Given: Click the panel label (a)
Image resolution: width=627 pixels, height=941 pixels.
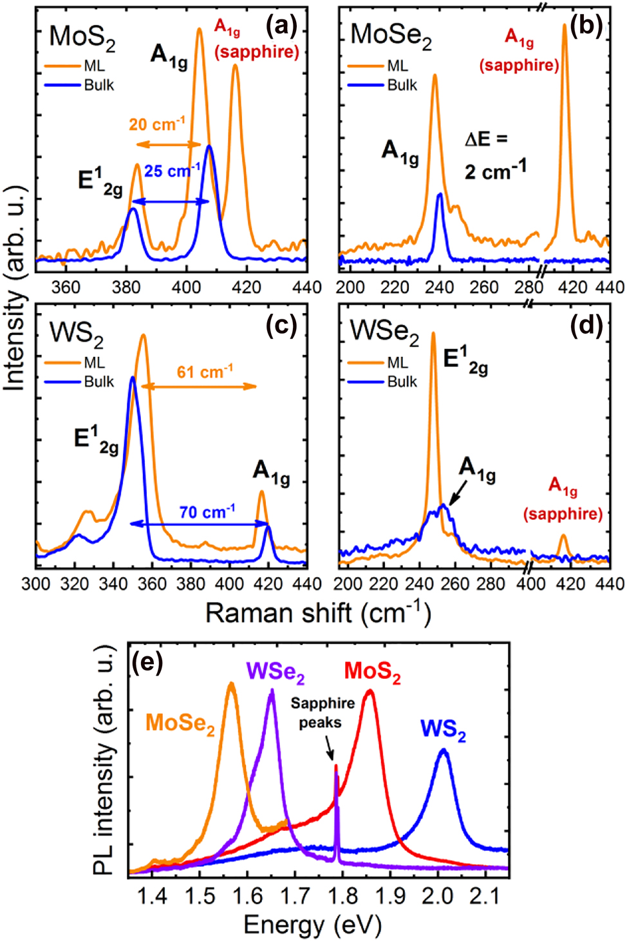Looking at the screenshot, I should pos(281,26).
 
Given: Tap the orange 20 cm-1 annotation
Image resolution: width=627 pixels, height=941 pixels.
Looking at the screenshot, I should pos(157,124).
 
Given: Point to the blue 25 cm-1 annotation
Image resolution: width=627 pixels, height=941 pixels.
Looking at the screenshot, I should pos(172,171).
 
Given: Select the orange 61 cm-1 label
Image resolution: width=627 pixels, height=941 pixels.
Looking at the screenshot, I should pos(205,372).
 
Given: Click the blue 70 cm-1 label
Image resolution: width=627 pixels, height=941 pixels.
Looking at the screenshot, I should pos(207,512).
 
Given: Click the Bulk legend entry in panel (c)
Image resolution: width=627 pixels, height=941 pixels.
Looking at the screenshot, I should pos(98,381).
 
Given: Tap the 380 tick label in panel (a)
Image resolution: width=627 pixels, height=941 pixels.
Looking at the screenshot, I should pos(126,287).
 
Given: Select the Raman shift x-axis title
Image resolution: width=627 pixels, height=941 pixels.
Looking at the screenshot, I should pos(318,613).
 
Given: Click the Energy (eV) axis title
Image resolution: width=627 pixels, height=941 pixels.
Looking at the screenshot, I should pos(313,925).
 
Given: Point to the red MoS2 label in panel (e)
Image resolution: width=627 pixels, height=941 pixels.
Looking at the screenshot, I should pos(372,672).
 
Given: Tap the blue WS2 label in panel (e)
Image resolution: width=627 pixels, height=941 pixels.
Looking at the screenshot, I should pos(443,729).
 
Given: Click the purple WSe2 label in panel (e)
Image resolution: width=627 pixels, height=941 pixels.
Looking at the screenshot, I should pos(276,672).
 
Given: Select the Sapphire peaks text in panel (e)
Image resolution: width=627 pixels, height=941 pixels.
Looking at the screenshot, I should pos(322,712).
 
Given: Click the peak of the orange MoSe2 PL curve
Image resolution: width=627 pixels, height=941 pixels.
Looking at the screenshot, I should pos(231,684).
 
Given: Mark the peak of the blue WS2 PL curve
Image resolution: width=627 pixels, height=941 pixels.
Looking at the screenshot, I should pos(443,750).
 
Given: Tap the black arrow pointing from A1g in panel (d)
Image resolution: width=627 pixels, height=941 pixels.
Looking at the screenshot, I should pos(456,495).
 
